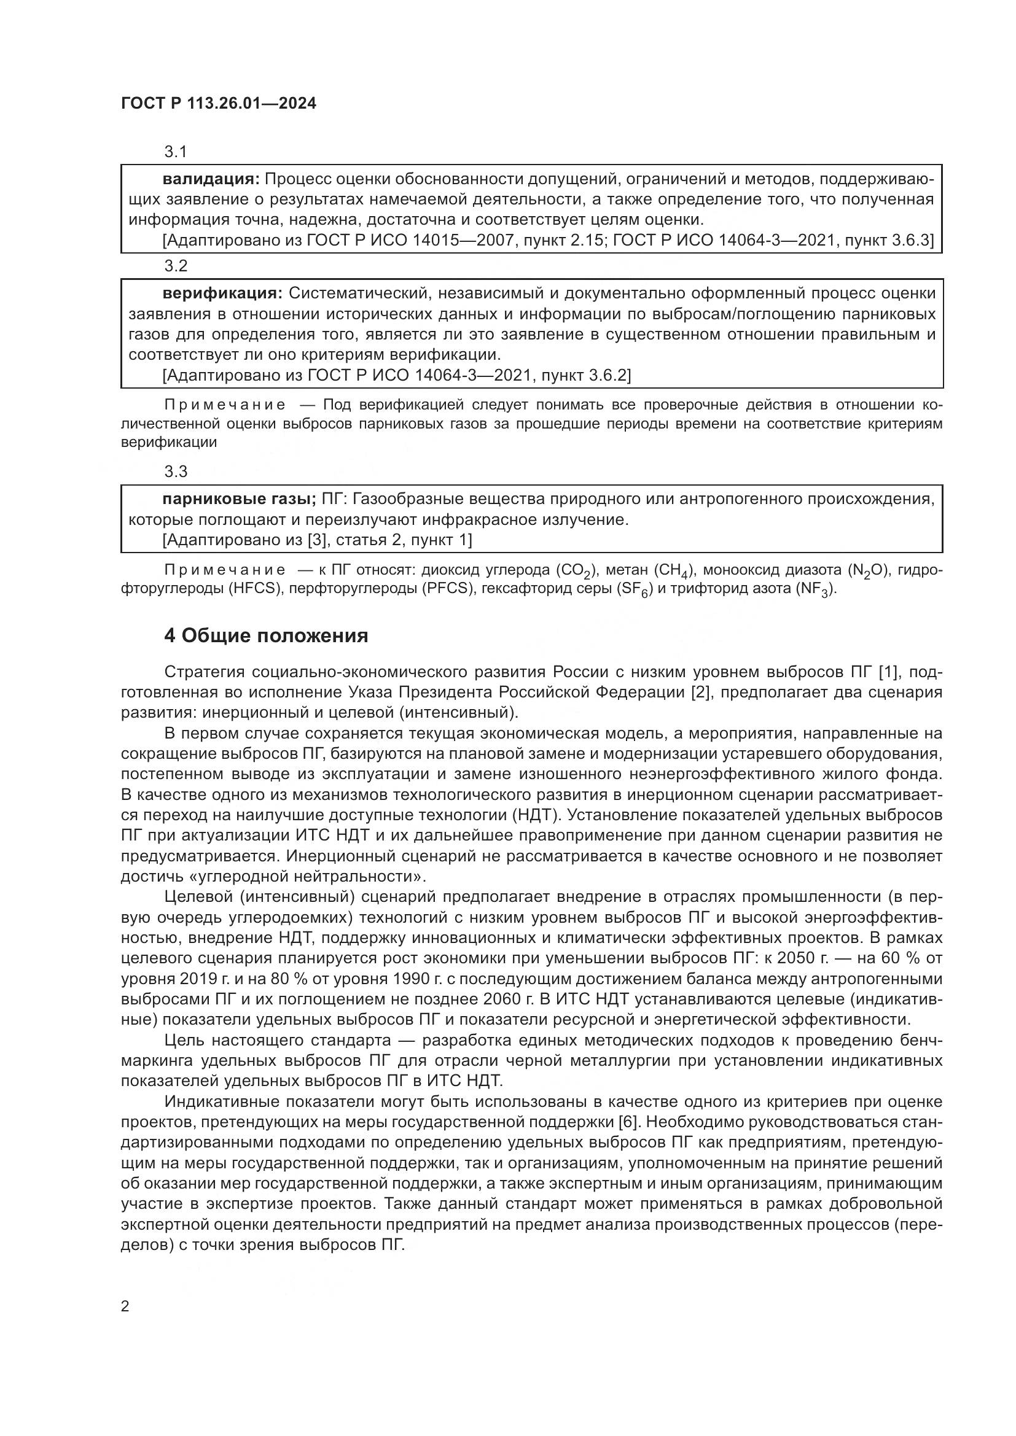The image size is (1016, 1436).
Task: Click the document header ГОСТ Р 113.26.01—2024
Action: pyautogui.click(x=218, y=104)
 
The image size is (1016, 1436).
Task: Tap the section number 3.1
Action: pyautogui.click(x=176, y=152)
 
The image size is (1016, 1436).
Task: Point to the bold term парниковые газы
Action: pyautogui.click(x=239, y=499)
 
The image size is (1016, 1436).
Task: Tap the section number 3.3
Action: pyautogui.click(x=176, y=471)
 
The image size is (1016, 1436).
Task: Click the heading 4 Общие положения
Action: pyautogui.click(x=266, y=636)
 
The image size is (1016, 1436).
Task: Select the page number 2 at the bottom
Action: pyautogui.click(x=125, y=1306)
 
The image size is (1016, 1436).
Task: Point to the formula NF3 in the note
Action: pyautogui.click(x=816, y=590)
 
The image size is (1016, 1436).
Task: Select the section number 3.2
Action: pyautogui.click(x=176, y=266)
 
